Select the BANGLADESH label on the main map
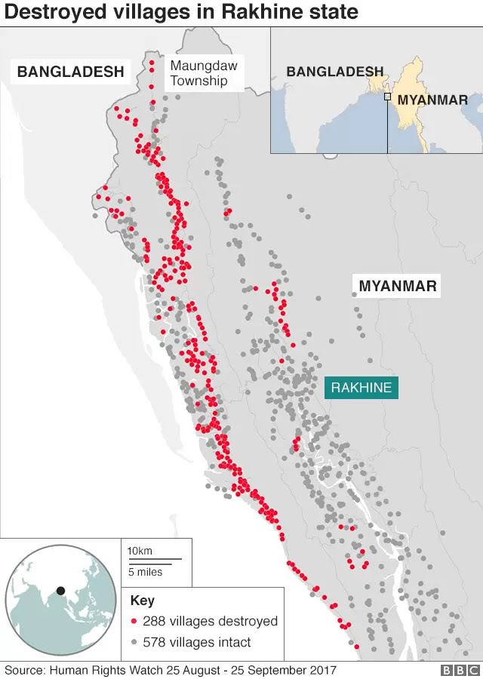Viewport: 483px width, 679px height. point(70,72)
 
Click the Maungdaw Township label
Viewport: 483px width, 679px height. point(203,73)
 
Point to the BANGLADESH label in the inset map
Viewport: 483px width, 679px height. point(334,72)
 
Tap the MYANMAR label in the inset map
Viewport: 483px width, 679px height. point(432,100)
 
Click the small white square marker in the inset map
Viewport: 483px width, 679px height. point(387,97)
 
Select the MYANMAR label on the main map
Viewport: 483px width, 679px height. point(398,286)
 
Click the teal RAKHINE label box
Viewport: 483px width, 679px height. point(361,388)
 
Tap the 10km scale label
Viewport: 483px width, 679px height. point(140,551)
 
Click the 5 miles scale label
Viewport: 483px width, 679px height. point(144,572)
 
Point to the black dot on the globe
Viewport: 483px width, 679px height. point(61,590)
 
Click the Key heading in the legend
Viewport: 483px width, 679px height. point(142,601)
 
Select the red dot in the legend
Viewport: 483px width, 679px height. point(134,622)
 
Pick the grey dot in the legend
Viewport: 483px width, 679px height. point(134,643)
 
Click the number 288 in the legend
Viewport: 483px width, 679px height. point(155,622)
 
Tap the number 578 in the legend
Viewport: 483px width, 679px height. point(155,643)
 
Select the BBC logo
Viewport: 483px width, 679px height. point(460,670)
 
